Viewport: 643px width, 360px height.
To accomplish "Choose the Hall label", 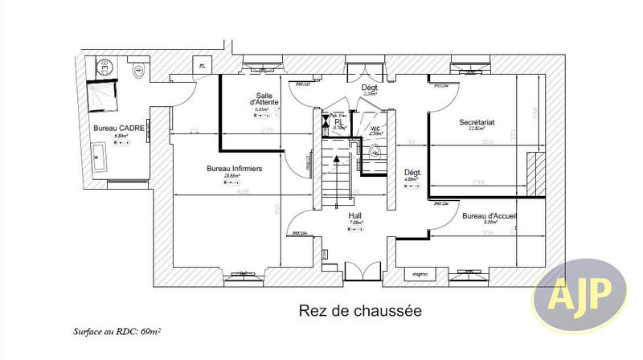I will tap(354, 216).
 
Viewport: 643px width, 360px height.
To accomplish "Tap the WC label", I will tap(375, 129).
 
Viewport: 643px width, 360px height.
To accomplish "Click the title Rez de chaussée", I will tap(359, 309).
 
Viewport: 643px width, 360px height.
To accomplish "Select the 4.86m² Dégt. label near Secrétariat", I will tap(413, 175).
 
